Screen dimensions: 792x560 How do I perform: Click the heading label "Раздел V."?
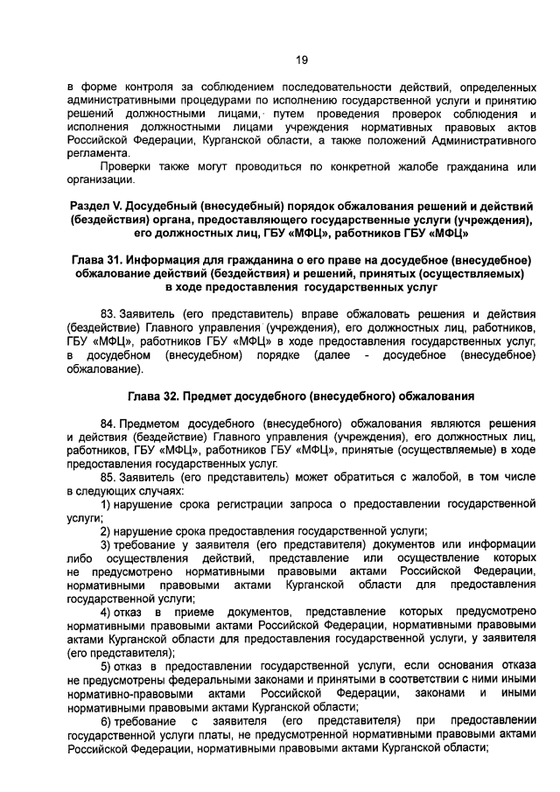pos(96,207)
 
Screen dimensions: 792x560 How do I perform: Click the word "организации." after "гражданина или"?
pos(101,180)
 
